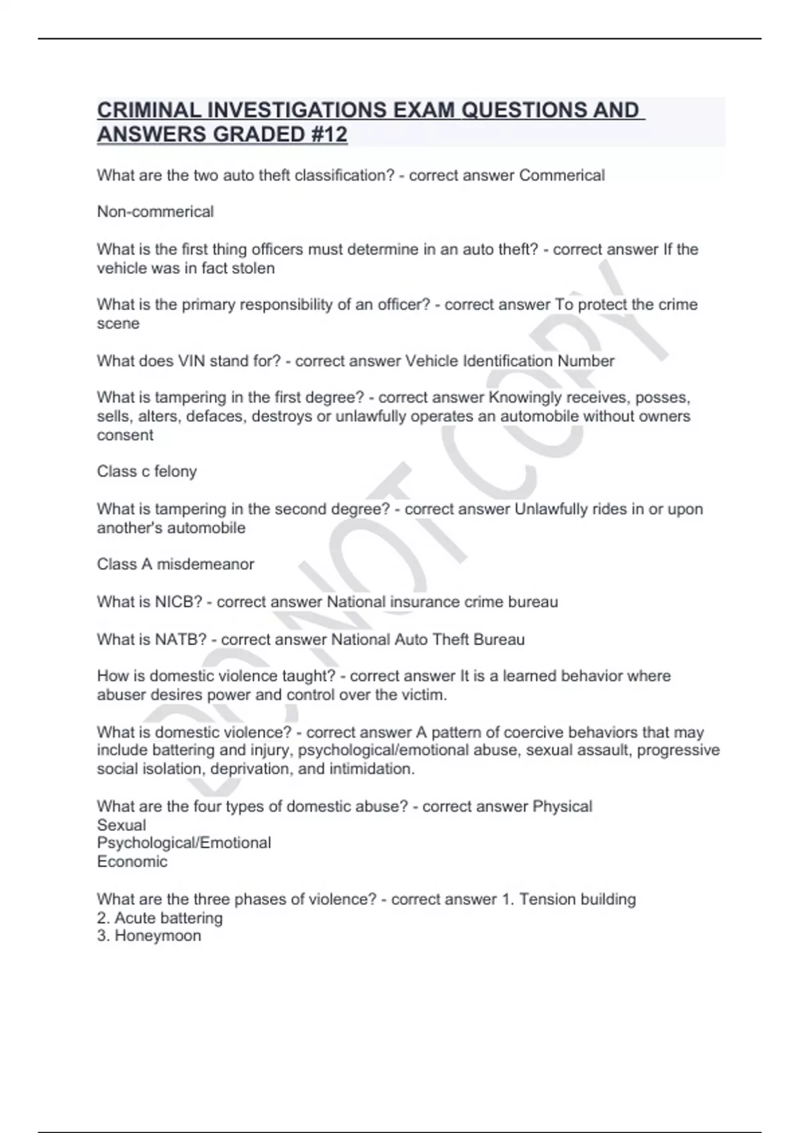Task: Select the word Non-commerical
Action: [x=155, y=212]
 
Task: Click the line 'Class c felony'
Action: [x=147, y=472]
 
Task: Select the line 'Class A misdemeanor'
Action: [x=175, y=565]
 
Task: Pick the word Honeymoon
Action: [x=157, y=936]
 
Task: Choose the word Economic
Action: [x=132, y=862]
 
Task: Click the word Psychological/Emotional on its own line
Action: [x=184, y=843]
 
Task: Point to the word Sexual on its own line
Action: [x=121, y=825]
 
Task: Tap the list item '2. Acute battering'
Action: [x=160, y=918]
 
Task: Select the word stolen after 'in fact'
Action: [x=252, y=269]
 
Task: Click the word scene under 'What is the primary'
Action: [x=118, y=324]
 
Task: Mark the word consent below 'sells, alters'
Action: [x=125, y=435]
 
